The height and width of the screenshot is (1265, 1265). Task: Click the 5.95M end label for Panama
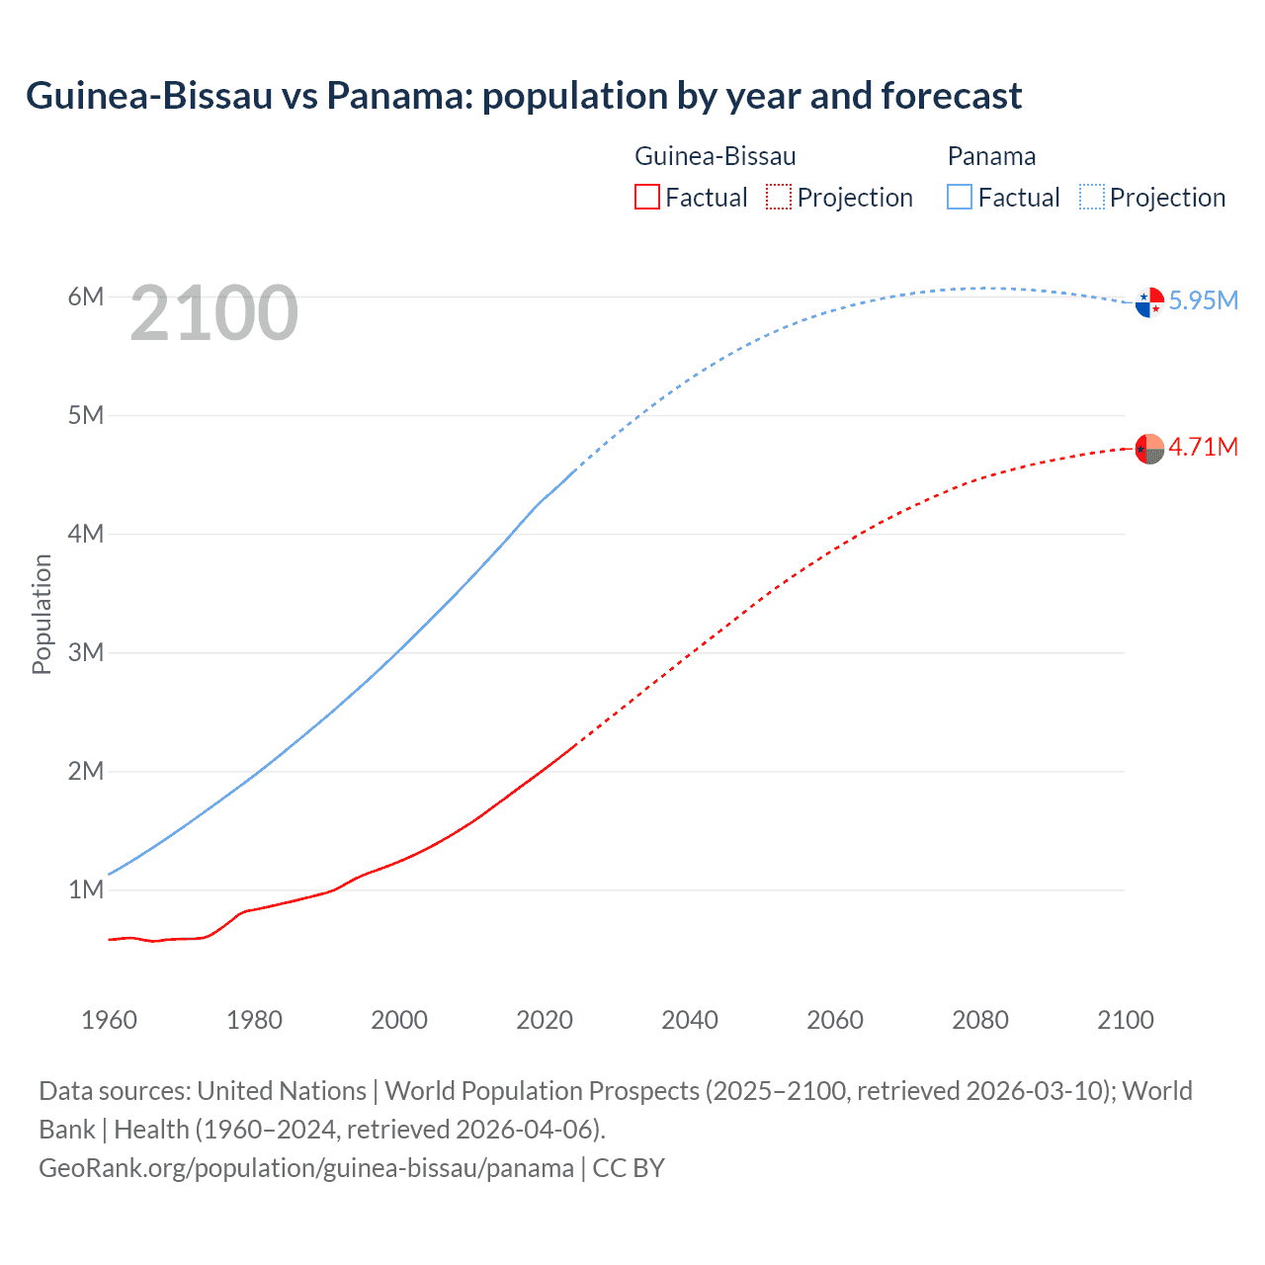(x=1203, y=300)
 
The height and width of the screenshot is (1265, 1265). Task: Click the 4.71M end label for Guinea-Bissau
(x=1203, y=447)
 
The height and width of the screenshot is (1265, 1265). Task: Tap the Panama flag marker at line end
(x=1149, y=302)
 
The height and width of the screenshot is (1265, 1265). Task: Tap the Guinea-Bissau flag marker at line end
(x=1149, y=449)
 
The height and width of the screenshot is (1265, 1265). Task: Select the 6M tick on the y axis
(x=86, y=296)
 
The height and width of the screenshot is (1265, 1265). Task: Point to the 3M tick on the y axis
(x=86, y=652)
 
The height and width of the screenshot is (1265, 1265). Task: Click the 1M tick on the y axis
(x=86, y=889)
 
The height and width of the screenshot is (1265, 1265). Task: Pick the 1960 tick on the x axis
(x=109, y=1020)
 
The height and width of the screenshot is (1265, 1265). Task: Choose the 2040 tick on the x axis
(x=690, y=1020)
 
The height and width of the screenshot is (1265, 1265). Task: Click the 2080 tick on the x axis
(x=980, y=1020)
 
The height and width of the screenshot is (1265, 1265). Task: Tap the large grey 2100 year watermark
(x=213, y=313)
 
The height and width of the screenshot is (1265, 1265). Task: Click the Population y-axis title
(x=42, y=614)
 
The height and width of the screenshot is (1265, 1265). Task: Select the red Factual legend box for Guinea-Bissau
(x=646, y=197)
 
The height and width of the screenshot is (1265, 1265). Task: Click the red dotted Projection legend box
(x=779, y=197)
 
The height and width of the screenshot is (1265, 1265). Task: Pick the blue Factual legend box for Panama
(x=960, y=197)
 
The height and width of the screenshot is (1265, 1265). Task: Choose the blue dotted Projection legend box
(x=1092, y=197)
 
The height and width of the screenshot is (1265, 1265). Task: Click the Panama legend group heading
(x=991, y=156)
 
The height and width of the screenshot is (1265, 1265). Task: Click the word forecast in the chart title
(x=951, y=96)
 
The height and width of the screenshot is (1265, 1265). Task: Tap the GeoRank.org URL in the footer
(x=305, y=1167)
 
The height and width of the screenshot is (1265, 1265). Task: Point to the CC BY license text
(x=629, y=1167)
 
